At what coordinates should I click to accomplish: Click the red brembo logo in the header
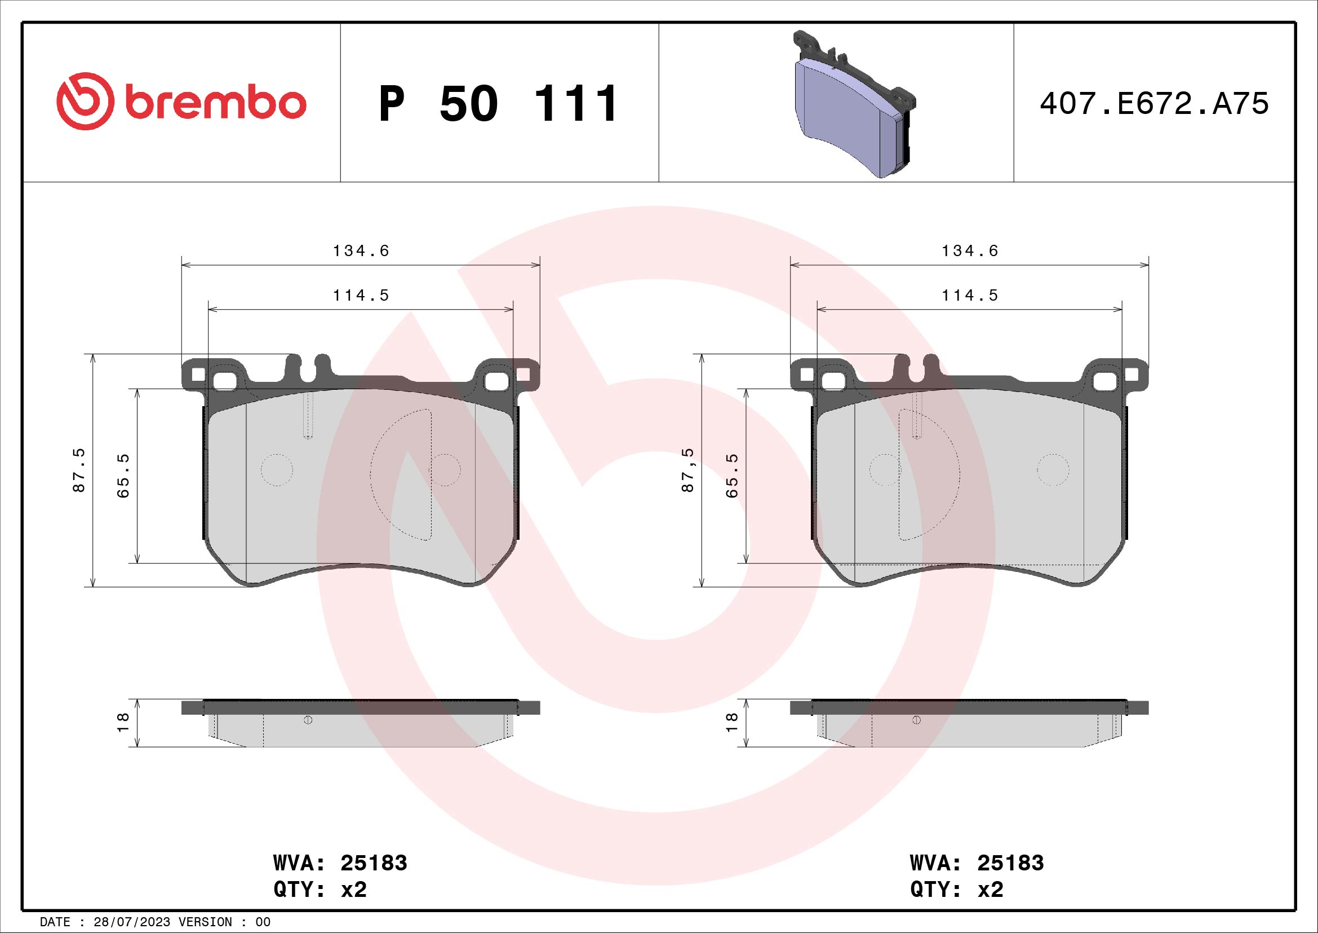[181, 102]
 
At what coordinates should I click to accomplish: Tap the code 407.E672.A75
[1154, 104]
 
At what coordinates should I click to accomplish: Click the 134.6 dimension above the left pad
[361, 251]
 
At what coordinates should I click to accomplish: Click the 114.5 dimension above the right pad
[970, 295]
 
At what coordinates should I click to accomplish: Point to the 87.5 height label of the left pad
[79, 470]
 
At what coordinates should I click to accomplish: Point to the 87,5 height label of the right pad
[687, 470]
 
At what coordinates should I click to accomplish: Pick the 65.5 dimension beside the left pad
[123, 475]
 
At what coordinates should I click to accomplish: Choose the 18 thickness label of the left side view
[123, 722]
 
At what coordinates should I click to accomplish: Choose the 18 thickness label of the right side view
[732, 722]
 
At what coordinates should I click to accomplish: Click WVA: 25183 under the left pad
[340, 863]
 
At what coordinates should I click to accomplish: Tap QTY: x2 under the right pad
[956, 890]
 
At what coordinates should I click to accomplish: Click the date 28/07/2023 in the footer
[131, 922]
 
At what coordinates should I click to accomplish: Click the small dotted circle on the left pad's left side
[277, 470]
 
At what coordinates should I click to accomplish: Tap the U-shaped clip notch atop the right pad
[917, 368]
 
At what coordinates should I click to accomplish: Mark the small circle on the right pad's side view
[916, 720]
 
